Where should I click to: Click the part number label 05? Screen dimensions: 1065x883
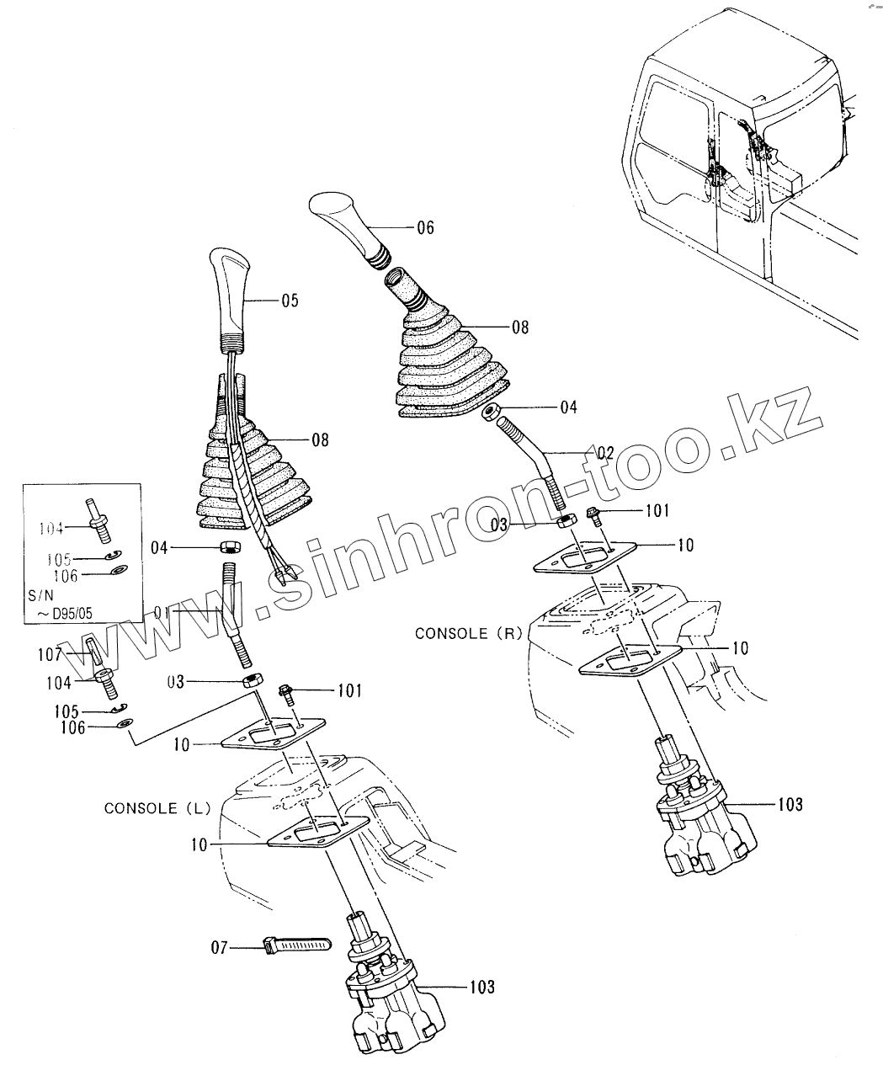pos(290,300)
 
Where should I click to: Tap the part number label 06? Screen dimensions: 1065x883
pos(425,227)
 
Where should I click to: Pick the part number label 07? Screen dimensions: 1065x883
pos(219,948)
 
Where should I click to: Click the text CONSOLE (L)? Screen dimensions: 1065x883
pos(152,808)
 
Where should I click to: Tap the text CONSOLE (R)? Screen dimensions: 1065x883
pos(464,633)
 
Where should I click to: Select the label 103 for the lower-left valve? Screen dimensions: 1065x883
pos(482,987)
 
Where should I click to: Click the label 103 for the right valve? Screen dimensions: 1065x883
pos(790,805)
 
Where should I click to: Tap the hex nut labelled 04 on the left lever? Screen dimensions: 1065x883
pos(229,548)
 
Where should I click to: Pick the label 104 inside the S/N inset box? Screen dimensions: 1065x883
pos(51,528)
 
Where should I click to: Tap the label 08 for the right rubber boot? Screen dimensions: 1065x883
pos(519,327)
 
